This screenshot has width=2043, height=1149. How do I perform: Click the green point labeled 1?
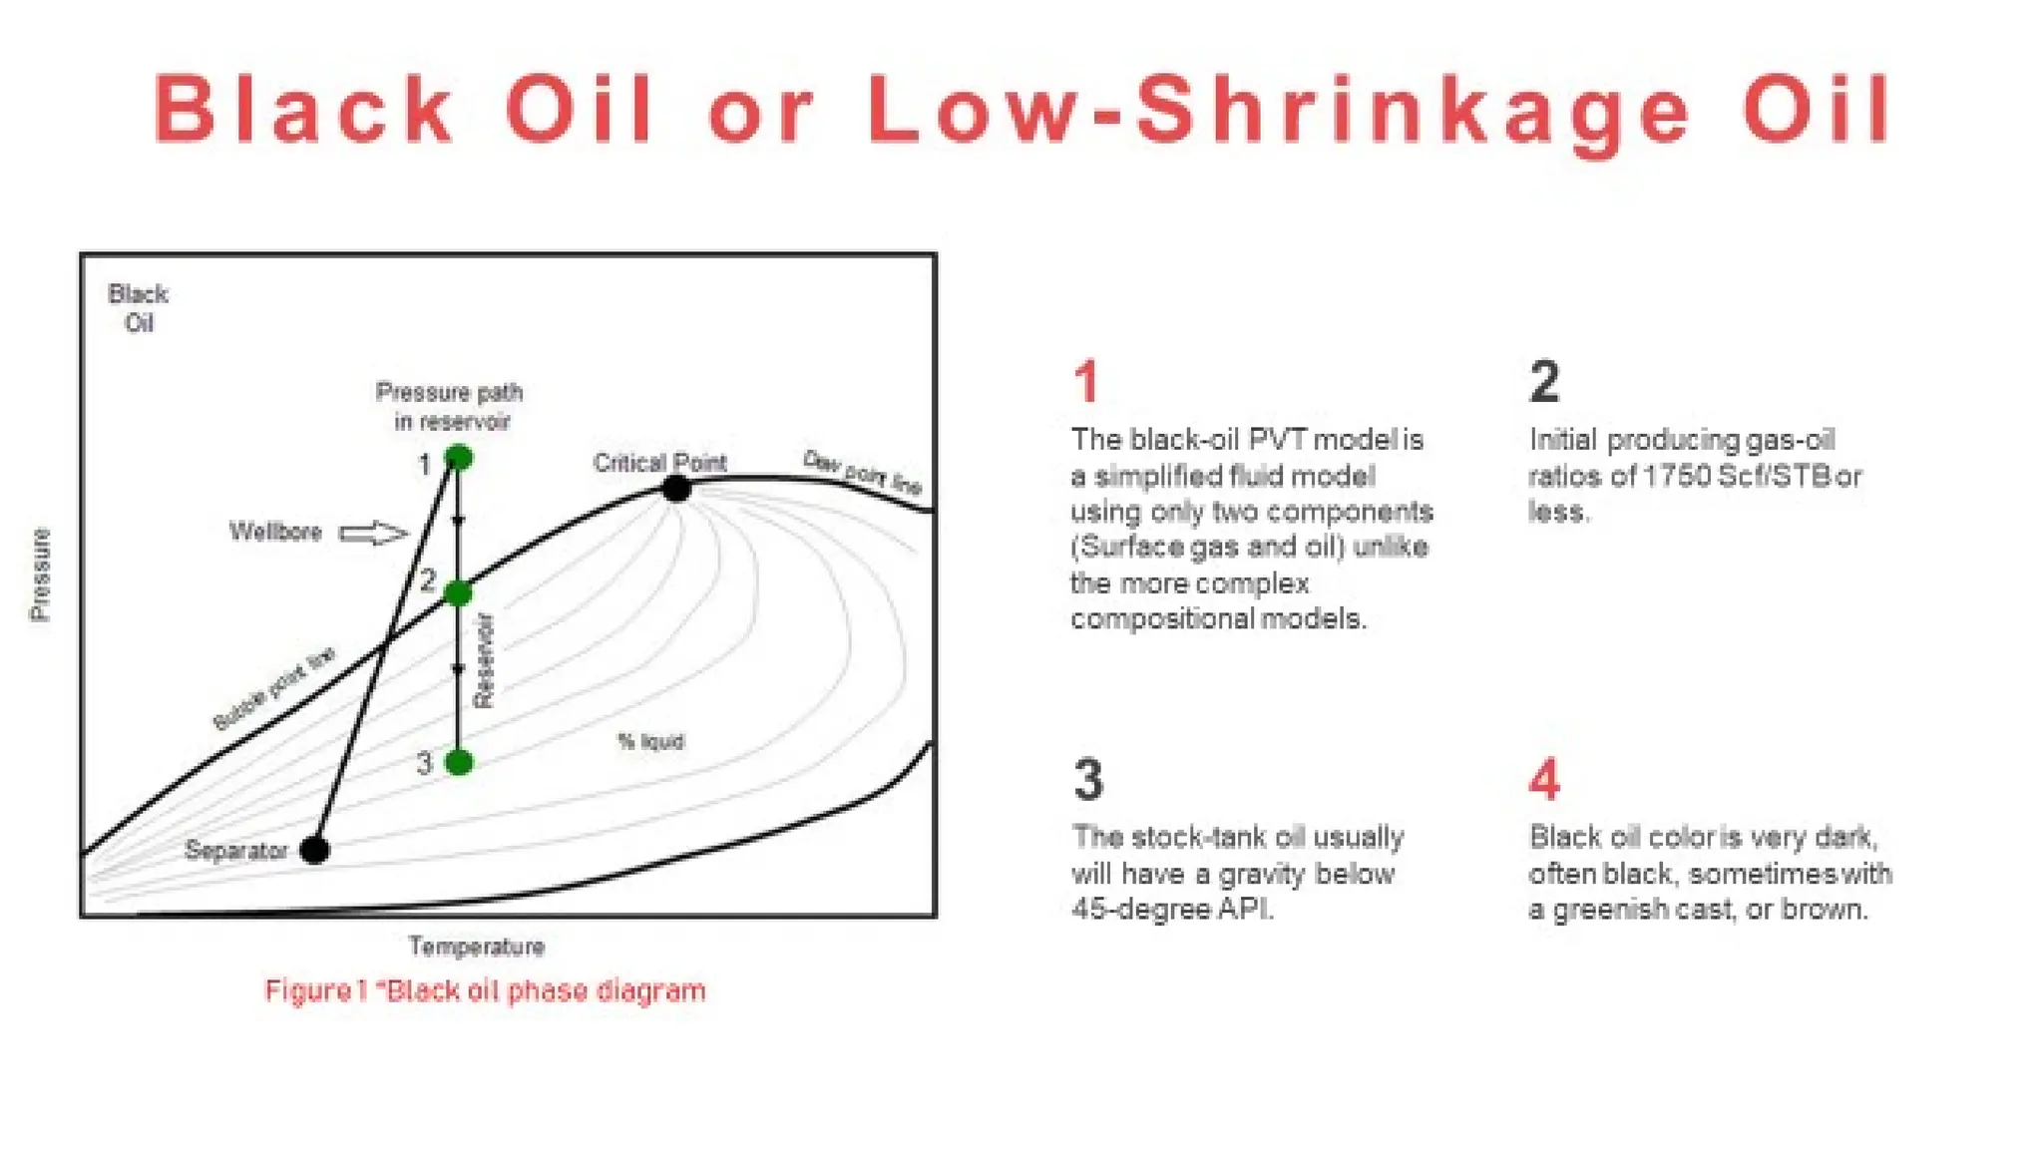[x=458, y=458]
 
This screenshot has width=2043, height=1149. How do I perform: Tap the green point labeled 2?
[x=458, y=593]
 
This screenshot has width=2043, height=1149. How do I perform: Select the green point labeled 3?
[x=458, y=763]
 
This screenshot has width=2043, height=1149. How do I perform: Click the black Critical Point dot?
[x=676, y=489]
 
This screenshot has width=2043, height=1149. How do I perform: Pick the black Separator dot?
[x=314, y=850]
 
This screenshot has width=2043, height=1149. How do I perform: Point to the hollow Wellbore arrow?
[x=374, y=534]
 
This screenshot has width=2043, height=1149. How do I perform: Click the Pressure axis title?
[x=40, y=574]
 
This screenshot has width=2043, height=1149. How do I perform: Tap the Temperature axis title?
[x=476, y=947]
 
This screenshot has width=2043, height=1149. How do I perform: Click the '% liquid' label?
[x=650, y=741]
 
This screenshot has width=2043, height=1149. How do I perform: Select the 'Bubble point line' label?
[x=274, y=688]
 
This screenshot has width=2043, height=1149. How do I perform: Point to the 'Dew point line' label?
[x=863, y=472]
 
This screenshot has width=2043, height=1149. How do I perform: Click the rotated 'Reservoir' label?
[x=484, y=660]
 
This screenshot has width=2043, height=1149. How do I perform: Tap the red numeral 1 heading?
[x=1086, y=382]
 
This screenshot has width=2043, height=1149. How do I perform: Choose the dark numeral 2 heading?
[x=1544, y=382]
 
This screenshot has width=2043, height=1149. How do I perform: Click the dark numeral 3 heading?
[x=1088, y=780]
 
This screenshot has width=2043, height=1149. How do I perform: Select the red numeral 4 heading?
[x=1544, y=780]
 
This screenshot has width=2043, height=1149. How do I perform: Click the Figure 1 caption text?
[x=485, y=990]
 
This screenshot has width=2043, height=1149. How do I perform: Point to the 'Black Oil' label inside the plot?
[x=138, y=308]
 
